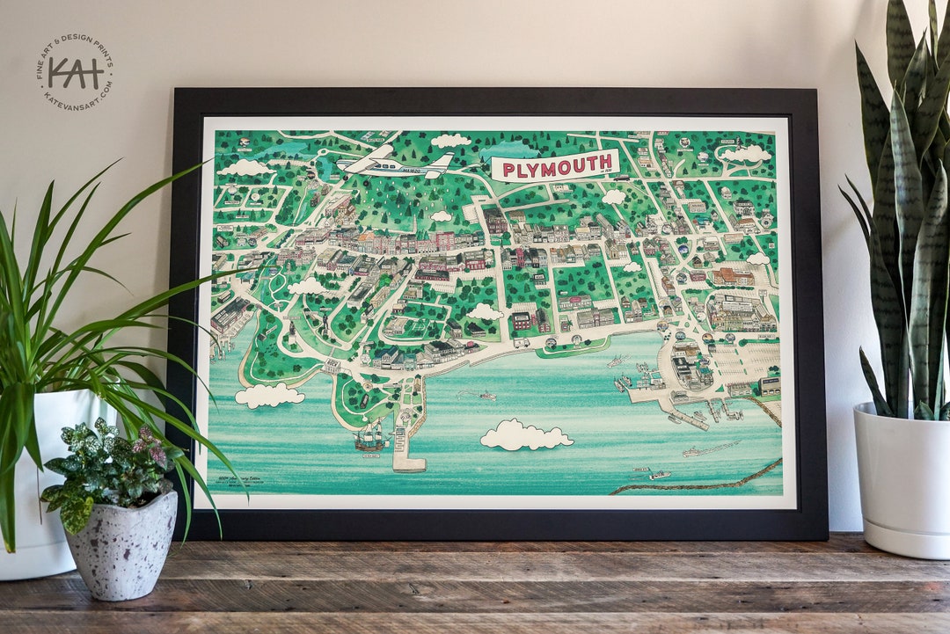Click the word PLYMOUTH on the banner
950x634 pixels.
tap(555, 164)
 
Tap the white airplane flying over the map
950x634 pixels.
tap(396, 163)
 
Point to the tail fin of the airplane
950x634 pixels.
tap(442, 163)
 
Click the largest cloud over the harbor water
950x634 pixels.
tap(526, 435)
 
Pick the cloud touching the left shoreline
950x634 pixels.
tap(269, 396)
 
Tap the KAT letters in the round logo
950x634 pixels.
tap(76, 70)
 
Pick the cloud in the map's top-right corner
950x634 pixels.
tap(746, 154)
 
